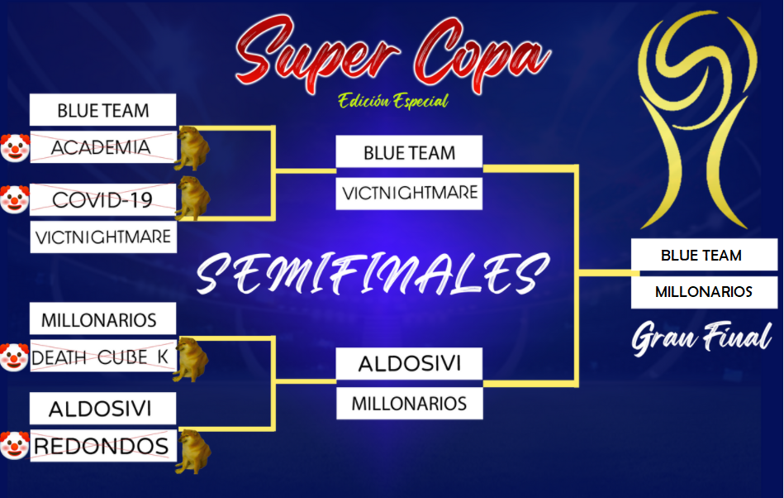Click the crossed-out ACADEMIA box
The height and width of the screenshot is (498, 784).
[x=103, y=147]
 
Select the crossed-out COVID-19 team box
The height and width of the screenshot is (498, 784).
[x=103, y=199]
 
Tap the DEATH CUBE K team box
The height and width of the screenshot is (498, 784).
[x=103, y=356]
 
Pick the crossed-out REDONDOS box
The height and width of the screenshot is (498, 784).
[x=103, y=445]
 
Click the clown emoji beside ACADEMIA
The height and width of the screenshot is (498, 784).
[x=15, y=147]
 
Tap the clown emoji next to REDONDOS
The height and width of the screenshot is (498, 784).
[x=15, y=445]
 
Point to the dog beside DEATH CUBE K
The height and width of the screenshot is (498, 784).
[x=191, y=359]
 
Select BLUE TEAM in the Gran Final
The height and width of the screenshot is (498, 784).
[x=704, y=255]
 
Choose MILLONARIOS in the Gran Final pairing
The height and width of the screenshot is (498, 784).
[x=704, y=292]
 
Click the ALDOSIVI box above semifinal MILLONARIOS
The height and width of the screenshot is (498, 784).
[x=409, y=363]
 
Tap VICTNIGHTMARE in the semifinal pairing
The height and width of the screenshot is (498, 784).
[x=409, y=194]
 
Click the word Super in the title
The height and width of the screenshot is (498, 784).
[x=316, y=54]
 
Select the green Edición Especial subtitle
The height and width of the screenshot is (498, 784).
[x=393, y=101]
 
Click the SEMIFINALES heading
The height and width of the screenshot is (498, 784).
[x=373, y=273]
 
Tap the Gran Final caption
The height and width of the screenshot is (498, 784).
[x=701, y=338]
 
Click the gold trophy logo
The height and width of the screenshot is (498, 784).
[x=699, y=120]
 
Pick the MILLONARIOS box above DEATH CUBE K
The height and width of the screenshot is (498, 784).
[x=102, y=318]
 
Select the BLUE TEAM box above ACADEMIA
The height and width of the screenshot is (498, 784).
[x=102, y=110]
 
